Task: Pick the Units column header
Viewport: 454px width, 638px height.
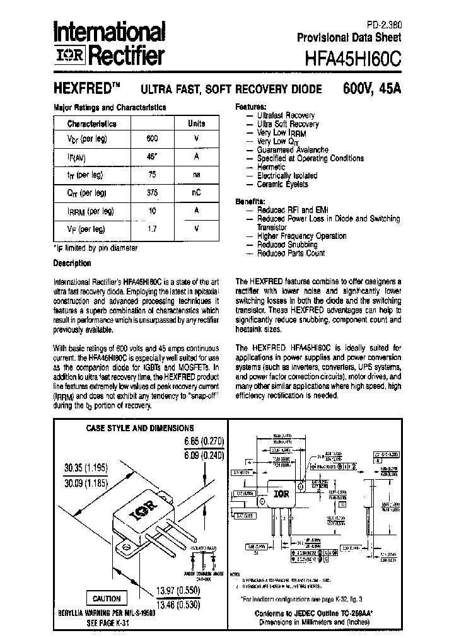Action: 196,124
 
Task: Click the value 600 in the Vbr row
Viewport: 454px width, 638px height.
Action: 151,138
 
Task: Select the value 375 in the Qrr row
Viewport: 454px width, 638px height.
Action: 151,193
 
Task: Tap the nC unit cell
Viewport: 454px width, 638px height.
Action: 196,193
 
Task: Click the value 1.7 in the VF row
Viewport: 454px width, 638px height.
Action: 151,229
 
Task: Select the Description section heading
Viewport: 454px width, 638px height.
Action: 72,263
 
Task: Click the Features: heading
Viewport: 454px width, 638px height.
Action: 250,107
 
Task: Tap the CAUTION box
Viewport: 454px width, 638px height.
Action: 106,598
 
